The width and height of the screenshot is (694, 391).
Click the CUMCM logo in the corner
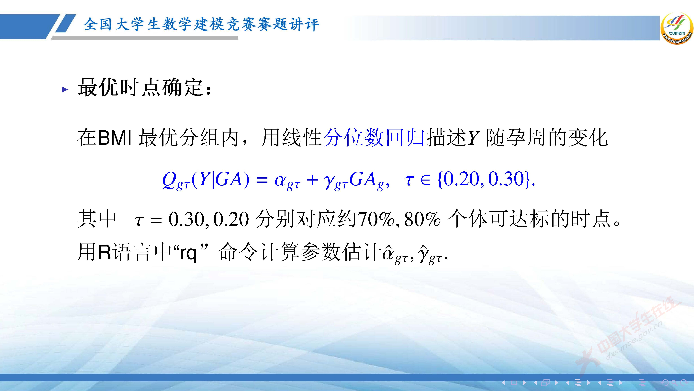pyautogui.click(x=676, y=28)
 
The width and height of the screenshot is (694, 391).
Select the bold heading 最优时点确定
pyautogui.click(x=144, y=88)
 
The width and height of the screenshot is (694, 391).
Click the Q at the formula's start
pyautogui.click(x=169, y=179)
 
